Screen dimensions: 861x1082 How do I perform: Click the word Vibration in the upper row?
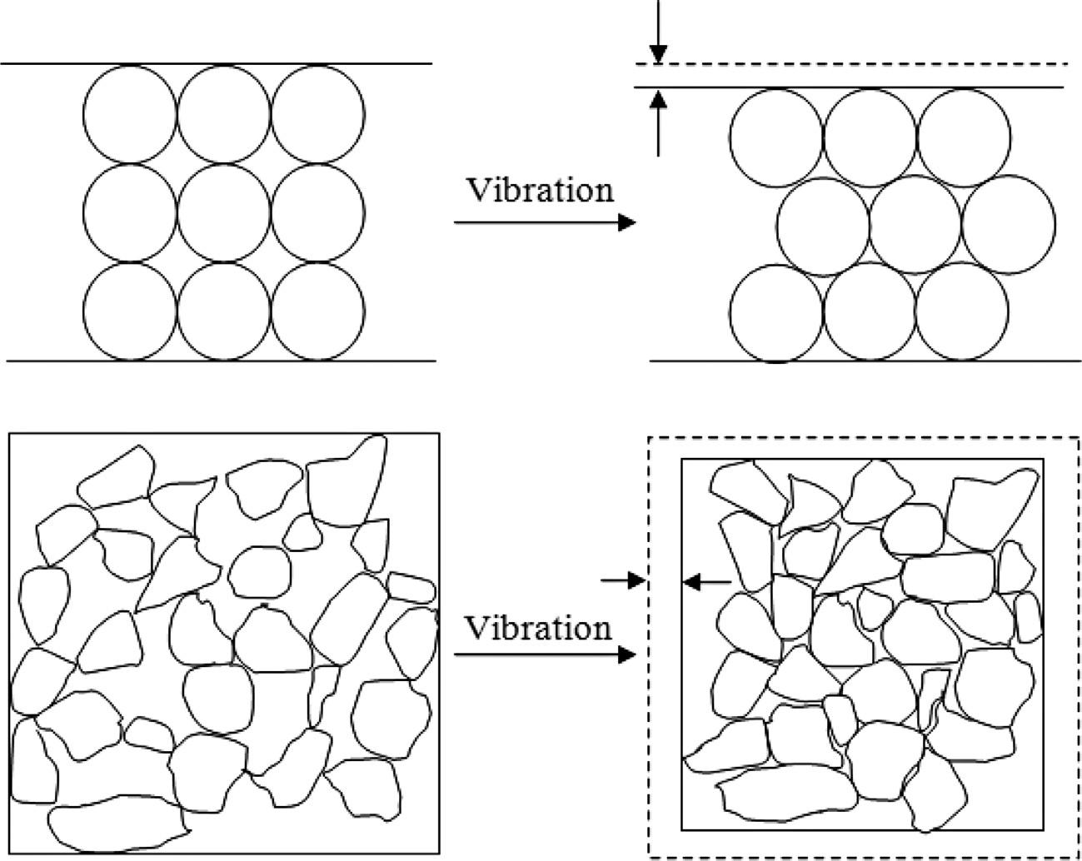click(x=540, y=190)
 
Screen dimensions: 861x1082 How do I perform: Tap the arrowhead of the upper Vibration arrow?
click(x=627, y=222)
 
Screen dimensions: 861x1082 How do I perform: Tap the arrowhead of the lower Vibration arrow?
click(x=627, y=655)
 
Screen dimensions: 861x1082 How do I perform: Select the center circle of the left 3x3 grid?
click(x=224, y=212)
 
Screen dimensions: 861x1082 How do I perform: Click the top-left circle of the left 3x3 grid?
click(x=130, y=113)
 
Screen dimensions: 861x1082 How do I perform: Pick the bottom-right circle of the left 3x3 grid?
click(x=317, y=310)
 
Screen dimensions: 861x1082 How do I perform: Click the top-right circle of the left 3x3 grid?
click(x=317, y=113)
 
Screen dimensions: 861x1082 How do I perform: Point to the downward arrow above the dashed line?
click(x=658, y=33)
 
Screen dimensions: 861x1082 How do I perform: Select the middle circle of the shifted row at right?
click(x=915, y=225)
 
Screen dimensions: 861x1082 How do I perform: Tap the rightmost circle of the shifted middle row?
click(x=1009, y=225)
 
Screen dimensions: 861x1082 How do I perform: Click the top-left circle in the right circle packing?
click(x=776, y=137)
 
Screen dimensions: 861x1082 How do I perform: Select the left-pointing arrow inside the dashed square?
click(x=706, y=582)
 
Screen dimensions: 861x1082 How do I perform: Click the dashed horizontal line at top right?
click(x=858, y=64)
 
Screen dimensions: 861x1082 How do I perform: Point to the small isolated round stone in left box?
click(x=260, y=571)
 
